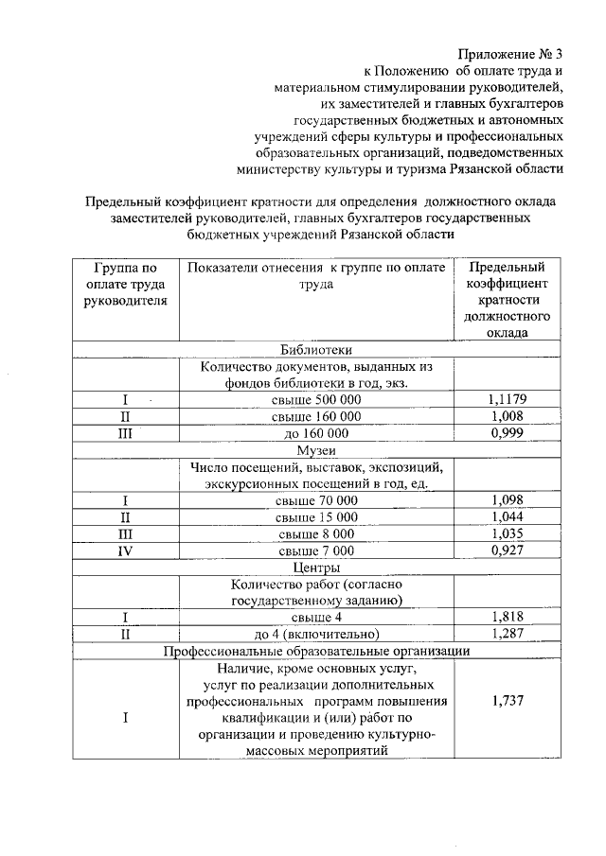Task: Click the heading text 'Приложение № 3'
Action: (x=511, y=53)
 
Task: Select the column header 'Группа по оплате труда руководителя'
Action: (x=124, y=285)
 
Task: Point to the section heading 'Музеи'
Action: (x=316, y=450)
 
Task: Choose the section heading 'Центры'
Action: (x=316, y=568)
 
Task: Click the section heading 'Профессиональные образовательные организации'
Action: (x=316, y=652)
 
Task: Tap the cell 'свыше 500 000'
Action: (x=316, y=399)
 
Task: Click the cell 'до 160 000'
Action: (x=316, y=433)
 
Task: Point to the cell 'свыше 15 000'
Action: (x=316, y=516)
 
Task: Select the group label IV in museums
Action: (x=125, y=550)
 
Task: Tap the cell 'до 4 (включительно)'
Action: (x=316, y=634)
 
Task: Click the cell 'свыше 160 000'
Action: (x=316, y=416)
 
